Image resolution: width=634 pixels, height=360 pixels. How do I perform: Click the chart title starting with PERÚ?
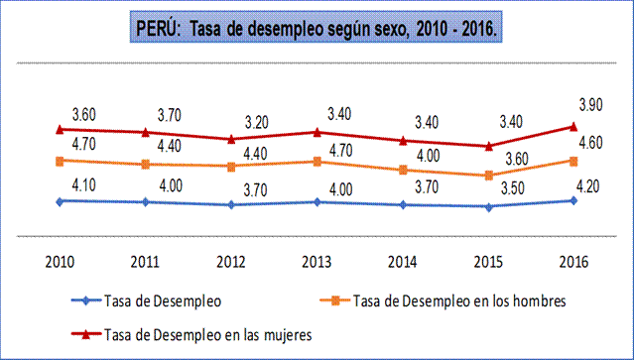tap(317, 30)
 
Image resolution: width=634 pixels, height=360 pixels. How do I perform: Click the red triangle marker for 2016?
tap(573, 126)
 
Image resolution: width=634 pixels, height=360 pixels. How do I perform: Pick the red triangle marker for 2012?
tap(231, 139)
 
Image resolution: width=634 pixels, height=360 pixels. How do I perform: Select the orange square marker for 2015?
tap(488, 176)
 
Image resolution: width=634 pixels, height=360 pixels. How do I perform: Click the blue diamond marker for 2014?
tap(403, 204)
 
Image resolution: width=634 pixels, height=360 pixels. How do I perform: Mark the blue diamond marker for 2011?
tap(146, 201)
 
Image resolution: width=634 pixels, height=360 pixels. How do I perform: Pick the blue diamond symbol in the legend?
tap(87, 300)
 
